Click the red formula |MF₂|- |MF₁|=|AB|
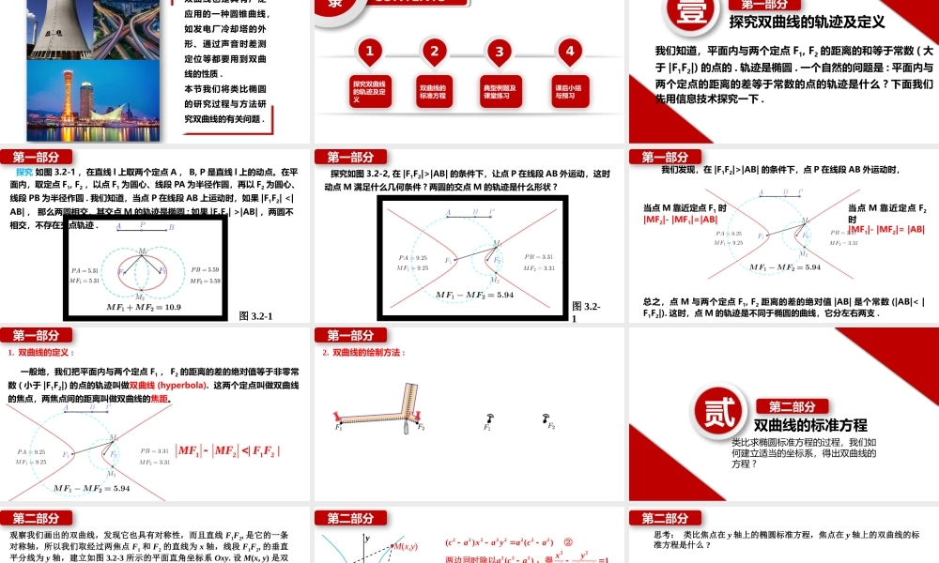pyautogui.click(x=680, y=220)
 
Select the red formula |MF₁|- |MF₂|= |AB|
pyautogui.click(x=886, y=229)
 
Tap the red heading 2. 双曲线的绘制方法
pyautogui.click(x=362, y=353)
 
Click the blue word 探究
pyautogui.click(x=24, y=173)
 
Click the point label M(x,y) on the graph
pyautogui.click(x=407, y=546)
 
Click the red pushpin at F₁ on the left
pyautogui.click(x=339, y=416)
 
